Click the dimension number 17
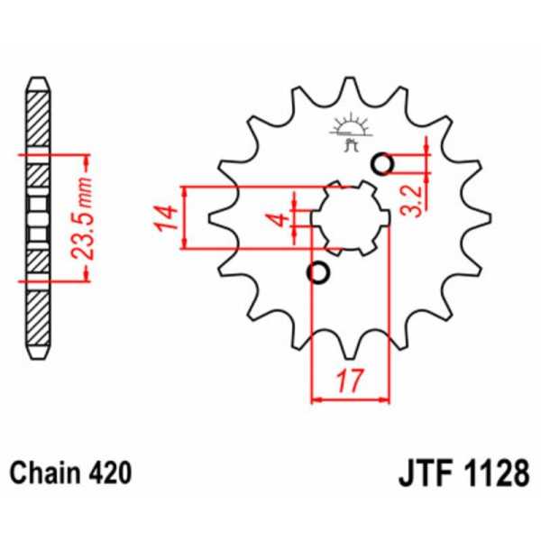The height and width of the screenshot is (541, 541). [349, 381]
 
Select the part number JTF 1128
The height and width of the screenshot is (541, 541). [460, 473]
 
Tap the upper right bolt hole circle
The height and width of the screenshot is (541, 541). [382, 164]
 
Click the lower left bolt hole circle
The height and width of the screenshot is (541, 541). [317, 272]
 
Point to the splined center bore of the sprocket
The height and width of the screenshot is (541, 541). [350, 219]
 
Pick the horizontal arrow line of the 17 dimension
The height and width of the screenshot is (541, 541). [349, 398]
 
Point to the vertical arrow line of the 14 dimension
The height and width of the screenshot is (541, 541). [185, 217]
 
